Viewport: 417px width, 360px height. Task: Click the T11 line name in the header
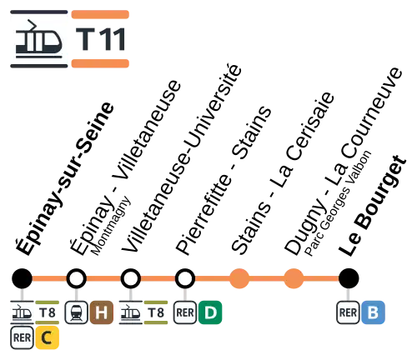click(x=100, y=39)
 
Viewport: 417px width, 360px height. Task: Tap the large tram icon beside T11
click(x=39, y=39)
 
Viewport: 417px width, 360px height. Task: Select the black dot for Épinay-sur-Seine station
click(x=23, y=278)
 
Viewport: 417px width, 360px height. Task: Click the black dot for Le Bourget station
click(x=349, y=278)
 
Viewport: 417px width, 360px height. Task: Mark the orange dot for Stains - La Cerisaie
click(x=239, y=278)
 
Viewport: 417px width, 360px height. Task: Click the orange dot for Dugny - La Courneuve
click(x=294, y=278)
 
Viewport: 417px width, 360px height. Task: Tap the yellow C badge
click(x=47, y=337)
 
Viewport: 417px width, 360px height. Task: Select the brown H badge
click(x=102, y=312)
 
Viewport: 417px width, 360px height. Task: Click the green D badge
click(x=210, y=312)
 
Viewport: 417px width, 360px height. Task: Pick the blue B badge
click(x=373, y=312)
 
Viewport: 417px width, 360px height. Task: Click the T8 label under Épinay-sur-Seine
click(x=48, y=312)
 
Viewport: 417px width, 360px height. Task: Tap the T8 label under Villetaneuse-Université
click(x=156, y=312)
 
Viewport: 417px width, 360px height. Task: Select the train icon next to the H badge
click(x=77, y=312)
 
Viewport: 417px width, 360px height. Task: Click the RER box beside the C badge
click(x=22, y=337)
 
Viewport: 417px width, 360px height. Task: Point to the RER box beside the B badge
click(x=348, y=312)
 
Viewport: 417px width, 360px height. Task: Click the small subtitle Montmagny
click(x=111, y=226)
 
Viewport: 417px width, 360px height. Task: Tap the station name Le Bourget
click(x=373, y=206)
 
